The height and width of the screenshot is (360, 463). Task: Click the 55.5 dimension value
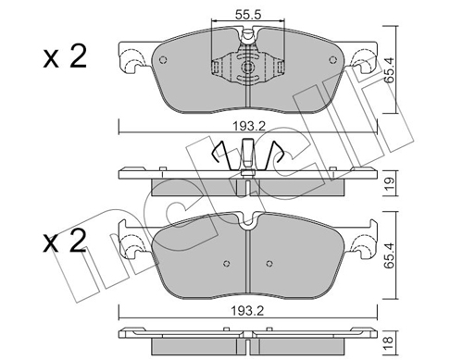pos(248,15)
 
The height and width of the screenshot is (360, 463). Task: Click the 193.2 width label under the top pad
pos(249,126)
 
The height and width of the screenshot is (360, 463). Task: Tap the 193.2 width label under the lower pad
pos(248,311)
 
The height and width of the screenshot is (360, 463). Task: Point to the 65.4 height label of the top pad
pos(390,70)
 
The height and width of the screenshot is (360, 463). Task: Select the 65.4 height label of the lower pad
pos(390,255)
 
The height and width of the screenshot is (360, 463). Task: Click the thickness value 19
pos(390,183)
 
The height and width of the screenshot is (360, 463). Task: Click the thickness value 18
pos(390,341)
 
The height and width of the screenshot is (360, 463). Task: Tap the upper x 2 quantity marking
pos(65,56)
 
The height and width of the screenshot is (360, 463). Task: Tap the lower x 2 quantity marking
pos(65,242)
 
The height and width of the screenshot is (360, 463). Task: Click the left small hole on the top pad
pos(163,60)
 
